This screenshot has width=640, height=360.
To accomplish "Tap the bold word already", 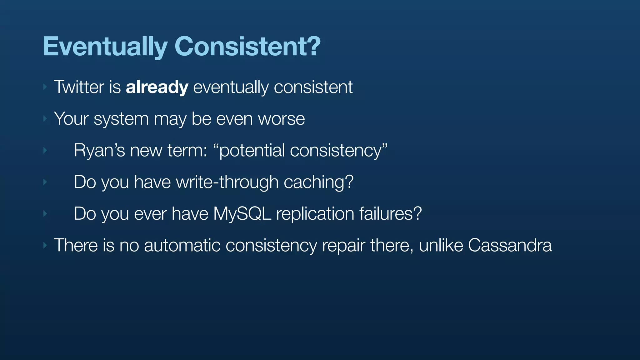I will tap(157, 87).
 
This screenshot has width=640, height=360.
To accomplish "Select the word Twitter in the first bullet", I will tap(79, 87).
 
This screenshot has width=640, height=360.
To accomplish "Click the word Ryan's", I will tap(99, 150).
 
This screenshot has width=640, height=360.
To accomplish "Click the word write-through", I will tap(227, 182).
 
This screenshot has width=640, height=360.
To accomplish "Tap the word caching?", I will tap(318, 182).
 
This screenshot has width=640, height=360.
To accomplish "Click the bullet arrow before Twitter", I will tap(45, 87).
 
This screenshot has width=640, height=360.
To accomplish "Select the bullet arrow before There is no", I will tap(45, 245).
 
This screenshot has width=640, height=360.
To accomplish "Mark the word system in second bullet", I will tap(121, 119).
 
